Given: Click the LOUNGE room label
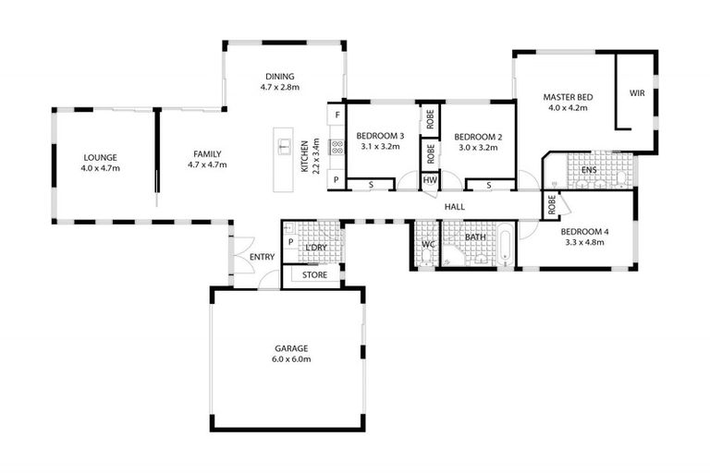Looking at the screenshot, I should (100, 157).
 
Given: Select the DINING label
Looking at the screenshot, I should (279, 77).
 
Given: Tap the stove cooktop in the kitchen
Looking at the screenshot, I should (336, 147).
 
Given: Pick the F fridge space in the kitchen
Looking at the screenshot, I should (337, 115).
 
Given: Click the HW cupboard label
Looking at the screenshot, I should (430, 180).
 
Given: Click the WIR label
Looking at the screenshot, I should (637, 93).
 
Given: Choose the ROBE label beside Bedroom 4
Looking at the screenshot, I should (552, 204).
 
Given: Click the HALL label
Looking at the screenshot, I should (454, 207).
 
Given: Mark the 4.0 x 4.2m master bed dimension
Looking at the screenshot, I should (568, 107).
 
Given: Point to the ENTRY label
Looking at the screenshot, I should (262, 257).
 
